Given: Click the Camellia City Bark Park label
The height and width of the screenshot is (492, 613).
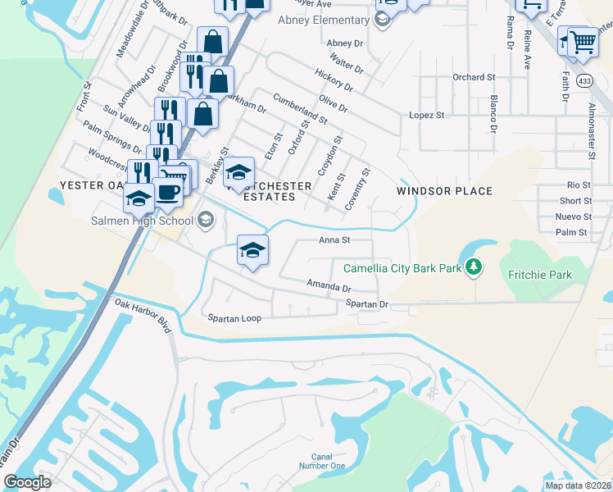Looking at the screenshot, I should (401, 268).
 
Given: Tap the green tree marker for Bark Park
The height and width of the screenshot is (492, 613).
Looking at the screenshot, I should (473, 266).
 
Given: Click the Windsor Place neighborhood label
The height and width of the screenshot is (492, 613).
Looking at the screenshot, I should (444, 191).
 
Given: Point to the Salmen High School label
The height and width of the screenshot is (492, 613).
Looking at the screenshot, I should (143, 219).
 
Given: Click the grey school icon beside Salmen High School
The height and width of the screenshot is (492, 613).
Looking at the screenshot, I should (205, 219).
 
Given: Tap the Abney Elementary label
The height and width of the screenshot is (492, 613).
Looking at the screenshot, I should (323, 20).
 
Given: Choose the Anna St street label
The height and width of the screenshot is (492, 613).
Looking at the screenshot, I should (334, 240).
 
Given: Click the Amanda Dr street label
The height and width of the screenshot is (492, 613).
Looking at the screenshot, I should (329, 286).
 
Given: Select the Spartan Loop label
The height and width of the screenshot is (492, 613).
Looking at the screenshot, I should (234, 317).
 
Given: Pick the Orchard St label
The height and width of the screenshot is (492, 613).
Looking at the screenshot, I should (475, 77).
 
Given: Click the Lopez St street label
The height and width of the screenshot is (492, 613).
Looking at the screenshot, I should (426, 116).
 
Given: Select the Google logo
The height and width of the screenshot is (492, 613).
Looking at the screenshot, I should (27, 482).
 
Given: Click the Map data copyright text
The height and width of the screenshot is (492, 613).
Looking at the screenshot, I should (577, 485).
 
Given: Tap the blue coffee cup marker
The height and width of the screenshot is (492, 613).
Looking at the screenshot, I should (168, 193).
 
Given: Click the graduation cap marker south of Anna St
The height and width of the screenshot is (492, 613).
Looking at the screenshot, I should (252, 250).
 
